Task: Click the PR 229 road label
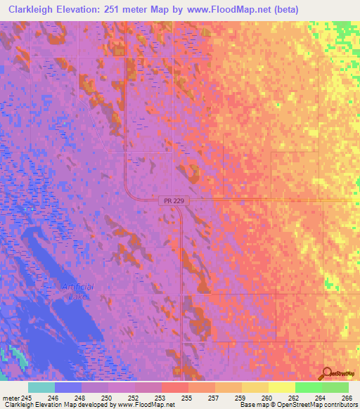[166, 202]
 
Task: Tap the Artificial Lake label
[77, 292]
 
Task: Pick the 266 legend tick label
[347, 398]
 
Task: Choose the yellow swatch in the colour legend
[281, 387]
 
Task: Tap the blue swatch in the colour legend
[68, 387]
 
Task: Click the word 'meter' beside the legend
[11, 398]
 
